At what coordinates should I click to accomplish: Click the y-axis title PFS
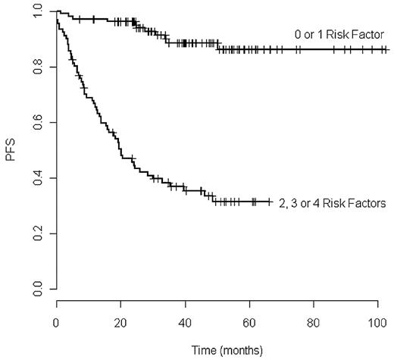[10, 151]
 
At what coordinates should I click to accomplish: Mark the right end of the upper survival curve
[387, 49]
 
